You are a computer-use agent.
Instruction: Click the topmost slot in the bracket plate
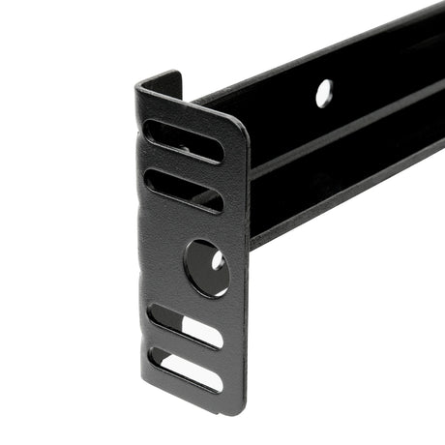tap(183, 140)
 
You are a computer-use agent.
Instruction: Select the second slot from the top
tap(184, 191)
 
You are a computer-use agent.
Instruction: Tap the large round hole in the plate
tap(207, 268)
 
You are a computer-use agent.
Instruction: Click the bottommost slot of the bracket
tap(185, 370)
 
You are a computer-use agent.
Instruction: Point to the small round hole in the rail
tap(323, 93)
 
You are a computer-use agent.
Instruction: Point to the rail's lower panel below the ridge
tap(339, 189)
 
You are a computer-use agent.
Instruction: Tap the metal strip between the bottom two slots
tap(184, 348)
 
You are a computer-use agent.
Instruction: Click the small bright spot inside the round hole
tap(219, 261)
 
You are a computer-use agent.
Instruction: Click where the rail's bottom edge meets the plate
tap(251, 244)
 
